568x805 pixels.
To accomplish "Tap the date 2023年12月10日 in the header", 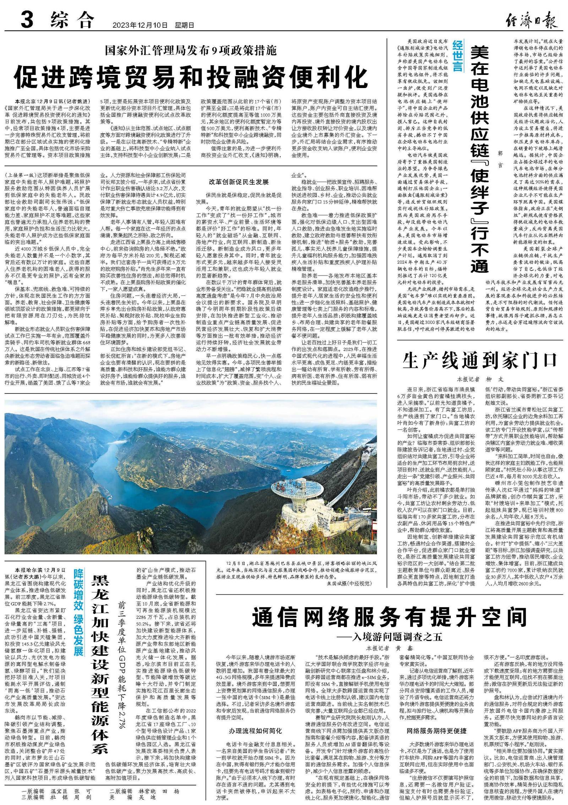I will (140, 25).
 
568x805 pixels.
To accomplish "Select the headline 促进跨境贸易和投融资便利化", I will (191, 77).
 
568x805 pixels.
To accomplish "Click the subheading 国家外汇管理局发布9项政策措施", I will (191, 51).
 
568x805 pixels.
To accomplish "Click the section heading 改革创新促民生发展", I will (239, 182).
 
